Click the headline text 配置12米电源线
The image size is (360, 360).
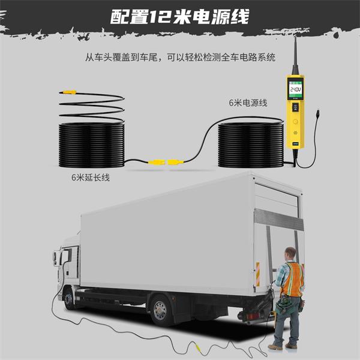click(x=180, y=17)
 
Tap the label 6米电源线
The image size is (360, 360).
click(x=248, y=103)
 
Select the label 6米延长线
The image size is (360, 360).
click(x=91, y=178)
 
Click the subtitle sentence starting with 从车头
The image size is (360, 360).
click(x=180, y=57)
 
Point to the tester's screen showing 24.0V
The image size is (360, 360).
click(x=295, y=89)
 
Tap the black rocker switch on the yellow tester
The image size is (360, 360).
click(x=295, y=107)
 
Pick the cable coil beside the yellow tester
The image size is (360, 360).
click(x=251, y=145)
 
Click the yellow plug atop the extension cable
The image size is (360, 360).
click(x=69, y=92)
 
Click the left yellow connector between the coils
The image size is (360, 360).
click(x=157, y=163)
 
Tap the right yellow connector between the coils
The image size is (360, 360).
click(x=175, y=162)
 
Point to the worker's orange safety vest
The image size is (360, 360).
click(x=292, y=279)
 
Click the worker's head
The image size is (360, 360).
click(x=290, y=254)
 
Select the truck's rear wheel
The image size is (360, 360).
click(x=160, y=310)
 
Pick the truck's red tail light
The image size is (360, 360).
click(x=252, y=316)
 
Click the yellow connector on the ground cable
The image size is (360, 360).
click(x=197, y=347)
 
